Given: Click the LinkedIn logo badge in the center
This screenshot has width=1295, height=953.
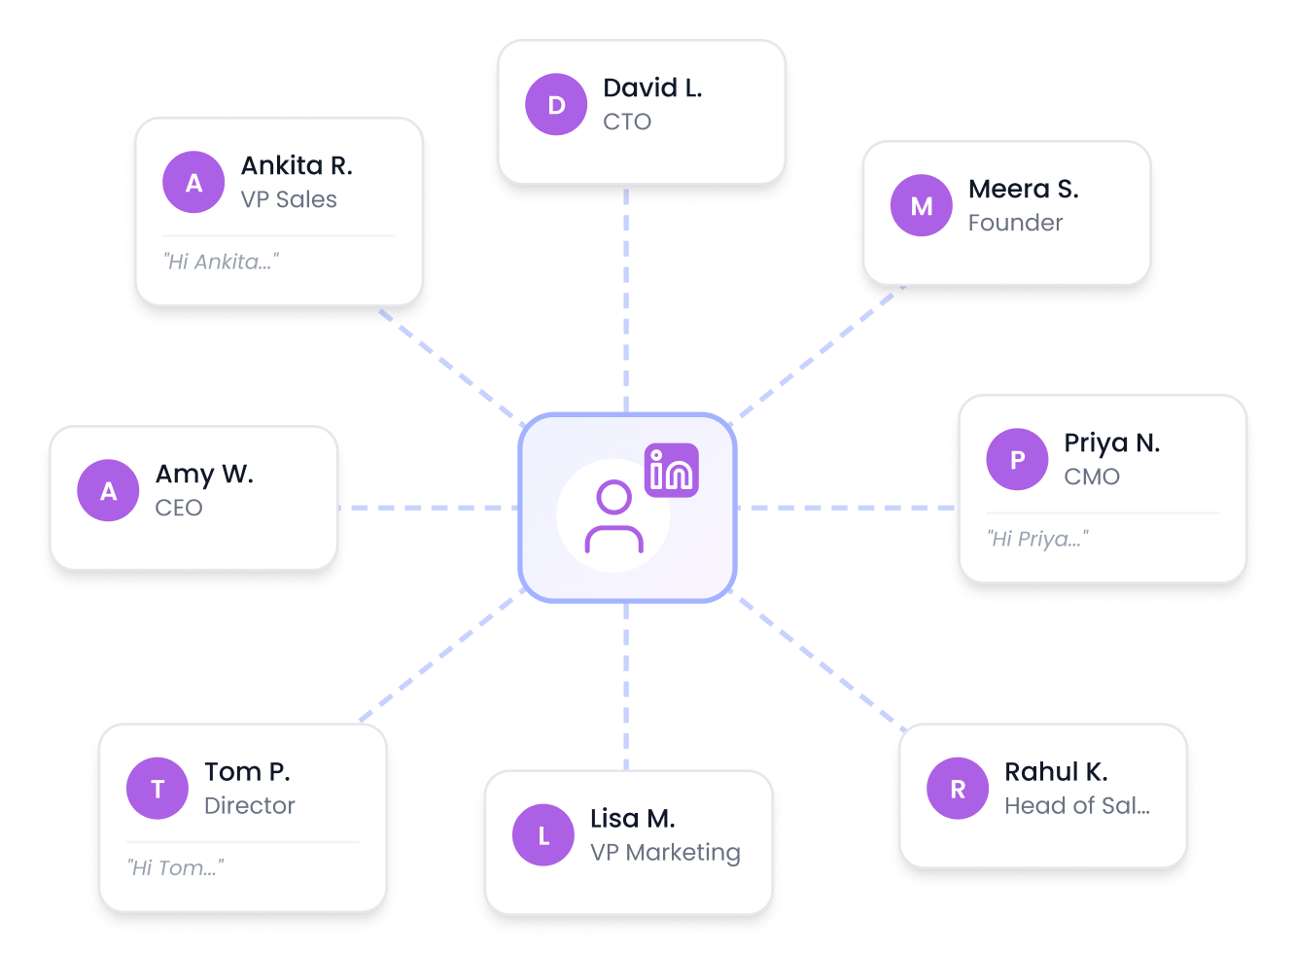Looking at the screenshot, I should click(672, 471).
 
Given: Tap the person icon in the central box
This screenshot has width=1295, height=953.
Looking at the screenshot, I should click(613, 517).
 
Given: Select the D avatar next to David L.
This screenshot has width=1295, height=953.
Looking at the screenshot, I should click(556, 104).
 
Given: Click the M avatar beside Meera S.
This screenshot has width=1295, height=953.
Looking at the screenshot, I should click(921, 205).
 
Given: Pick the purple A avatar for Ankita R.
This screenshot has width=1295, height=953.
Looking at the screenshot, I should click(193, 182).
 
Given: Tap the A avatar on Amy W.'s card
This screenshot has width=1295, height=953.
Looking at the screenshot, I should click(108, 490).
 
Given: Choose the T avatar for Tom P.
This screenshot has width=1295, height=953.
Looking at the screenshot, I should click(157, 789).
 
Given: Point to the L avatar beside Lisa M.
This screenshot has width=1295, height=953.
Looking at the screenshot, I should click(543, 835).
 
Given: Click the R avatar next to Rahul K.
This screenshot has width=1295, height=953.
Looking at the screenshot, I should click(958, 789).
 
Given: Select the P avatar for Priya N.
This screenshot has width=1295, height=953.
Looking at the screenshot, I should click(1017, 459).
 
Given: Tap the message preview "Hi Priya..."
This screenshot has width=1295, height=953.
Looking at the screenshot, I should click(1037, 539).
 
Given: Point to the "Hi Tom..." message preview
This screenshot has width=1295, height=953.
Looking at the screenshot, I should click(175, 867).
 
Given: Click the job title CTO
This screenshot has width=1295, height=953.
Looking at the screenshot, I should click(627, 122).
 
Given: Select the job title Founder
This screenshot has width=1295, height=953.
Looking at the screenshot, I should click(1015, 223).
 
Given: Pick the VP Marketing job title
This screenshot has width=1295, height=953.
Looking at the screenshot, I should click(665, 853).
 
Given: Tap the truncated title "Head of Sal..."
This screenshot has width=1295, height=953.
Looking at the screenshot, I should click(1077, 806).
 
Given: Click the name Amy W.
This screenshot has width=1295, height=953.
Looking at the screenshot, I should click(204, 474).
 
